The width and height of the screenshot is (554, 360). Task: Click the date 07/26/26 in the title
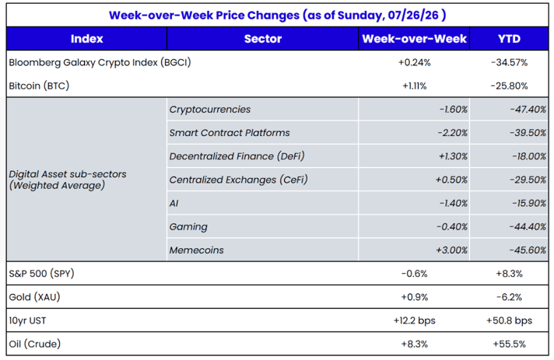click(413, 16)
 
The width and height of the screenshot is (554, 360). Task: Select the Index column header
click(86, 38)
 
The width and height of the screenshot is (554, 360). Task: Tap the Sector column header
click(263, 38)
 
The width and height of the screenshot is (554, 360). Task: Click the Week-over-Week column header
click(414, 38)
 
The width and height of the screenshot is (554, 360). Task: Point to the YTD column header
click(509, 38)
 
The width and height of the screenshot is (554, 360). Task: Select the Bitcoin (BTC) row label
click(39, 86)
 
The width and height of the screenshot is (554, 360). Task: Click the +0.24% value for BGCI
click(415, 62)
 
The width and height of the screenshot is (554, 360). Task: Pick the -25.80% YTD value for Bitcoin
click(509, 86)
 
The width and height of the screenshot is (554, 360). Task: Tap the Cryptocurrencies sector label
click(210, 110)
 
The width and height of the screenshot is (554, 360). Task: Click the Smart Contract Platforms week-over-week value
click(452, 133)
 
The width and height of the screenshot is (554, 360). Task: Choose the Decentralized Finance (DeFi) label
click(237, 156)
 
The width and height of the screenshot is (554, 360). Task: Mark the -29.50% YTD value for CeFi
click(528, 180)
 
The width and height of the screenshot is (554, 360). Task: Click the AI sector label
click(174, 203)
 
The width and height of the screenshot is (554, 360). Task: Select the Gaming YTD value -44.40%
click(528, 226)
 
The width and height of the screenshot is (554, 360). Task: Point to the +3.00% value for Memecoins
click(451, 250)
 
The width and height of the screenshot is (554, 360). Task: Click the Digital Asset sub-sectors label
click(68, 180)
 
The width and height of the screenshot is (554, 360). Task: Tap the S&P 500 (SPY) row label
click(41, 274)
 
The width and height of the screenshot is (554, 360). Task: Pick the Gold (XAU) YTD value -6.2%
click(509, 297)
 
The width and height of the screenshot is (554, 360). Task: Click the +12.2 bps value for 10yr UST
click(415, 320)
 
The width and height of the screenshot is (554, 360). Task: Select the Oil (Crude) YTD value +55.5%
click(509, 344)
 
